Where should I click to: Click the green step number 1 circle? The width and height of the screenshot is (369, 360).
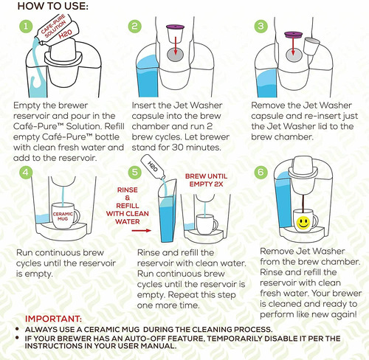(x=26, y=27)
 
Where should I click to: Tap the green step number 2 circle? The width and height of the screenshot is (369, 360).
(x=135, y=27)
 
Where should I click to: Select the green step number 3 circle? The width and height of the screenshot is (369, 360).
(x=261, y=27)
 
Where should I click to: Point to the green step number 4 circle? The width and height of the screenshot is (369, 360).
(x=26, y=172)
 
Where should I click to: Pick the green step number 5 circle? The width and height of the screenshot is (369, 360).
(x=135, y=172)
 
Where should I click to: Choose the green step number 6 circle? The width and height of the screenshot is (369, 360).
(x=261, y=172)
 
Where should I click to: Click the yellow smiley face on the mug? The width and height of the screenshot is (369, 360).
(x=303, y=223)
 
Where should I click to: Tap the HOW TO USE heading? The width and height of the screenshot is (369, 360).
(x=52, y=6)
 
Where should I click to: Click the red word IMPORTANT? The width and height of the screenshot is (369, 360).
(x=53, y=319)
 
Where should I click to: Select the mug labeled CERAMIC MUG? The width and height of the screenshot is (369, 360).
(x=65, y=215)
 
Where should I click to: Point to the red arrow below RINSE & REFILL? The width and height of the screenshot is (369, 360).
(x=142, y=230)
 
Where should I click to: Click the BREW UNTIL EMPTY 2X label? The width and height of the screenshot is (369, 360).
(x=206, y=180)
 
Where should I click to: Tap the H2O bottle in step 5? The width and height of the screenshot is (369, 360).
(x=154, y=167)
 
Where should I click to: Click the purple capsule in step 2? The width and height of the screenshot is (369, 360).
(x=175, y=34)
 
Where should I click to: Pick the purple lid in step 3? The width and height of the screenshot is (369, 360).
(x=293, y=35)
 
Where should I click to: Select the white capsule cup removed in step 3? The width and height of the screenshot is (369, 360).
(x=311, y=46)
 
